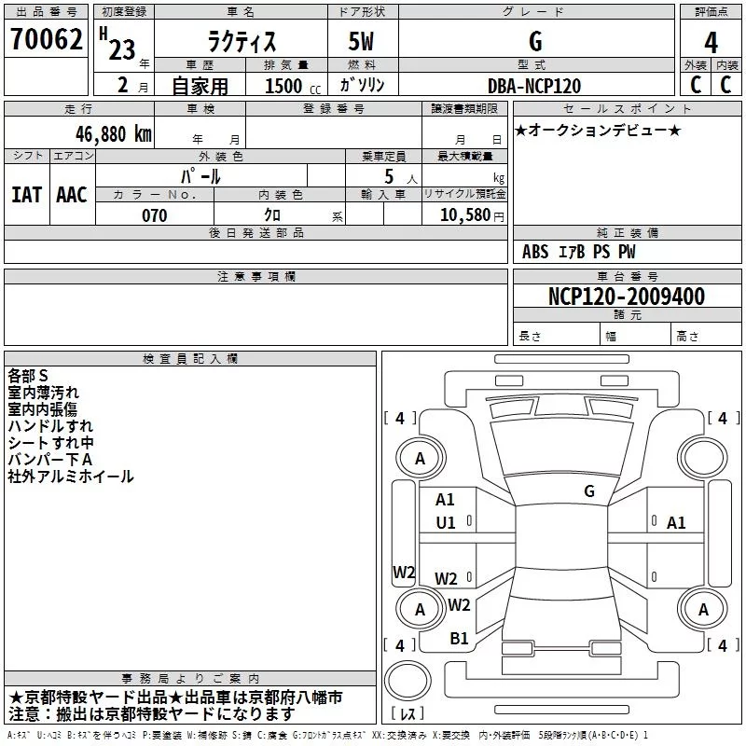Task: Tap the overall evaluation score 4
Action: (x=711, y=42)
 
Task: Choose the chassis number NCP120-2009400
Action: (x=627, y=297)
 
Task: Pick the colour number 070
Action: (x=154, y=215)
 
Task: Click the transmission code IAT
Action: (x=26, y=195)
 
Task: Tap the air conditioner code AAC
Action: (x=72, y=195)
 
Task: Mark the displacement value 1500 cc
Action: (x=285, y=86)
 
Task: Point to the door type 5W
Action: (x=363, y=42)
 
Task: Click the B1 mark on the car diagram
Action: (x=459, y=639)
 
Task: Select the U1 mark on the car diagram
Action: (x=446, y=523)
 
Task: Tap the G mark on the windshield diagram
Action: (x=588, y=490)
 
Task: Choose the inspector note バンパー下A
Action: (x=50, y=460)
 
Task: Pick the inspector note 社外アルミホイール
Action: (x=71, y=477)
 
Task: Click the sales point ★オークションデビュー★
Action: (x=598, y=130)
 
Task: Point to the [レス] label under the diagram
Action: (x=407, y=714)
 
